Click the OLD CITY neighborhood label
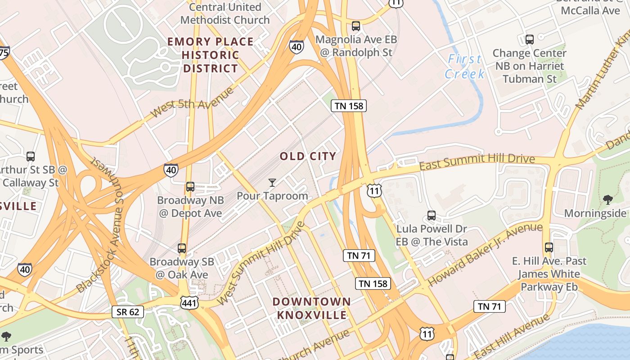(308, 157)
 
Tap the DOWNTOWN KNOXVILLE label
(311, 308)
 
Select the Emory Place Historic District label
(211, 55)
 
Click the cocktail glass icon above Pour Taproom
(272, 182)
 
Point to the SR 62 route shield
(128, 312)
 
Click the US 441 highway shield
(189, 302)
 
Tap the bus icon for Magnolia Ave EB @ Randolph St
(356, 26)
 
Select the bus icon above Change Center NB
(529, 39)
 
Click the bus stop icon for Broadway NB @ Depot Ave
(190, 186)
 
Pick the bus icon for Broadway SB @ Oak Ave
(182, 248)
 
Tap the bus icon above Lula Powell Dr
(432, 215)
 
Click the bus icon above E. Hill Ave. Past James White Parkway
(549, 247)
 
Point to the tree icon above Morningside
(607, 199)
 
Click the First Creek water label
(465, 66)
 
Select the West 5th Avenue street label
(193, 103)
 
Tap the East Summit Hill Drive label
(477, 162)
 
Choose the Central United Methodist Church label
(225, 13)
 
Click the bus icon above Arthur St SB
(31, 157)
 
